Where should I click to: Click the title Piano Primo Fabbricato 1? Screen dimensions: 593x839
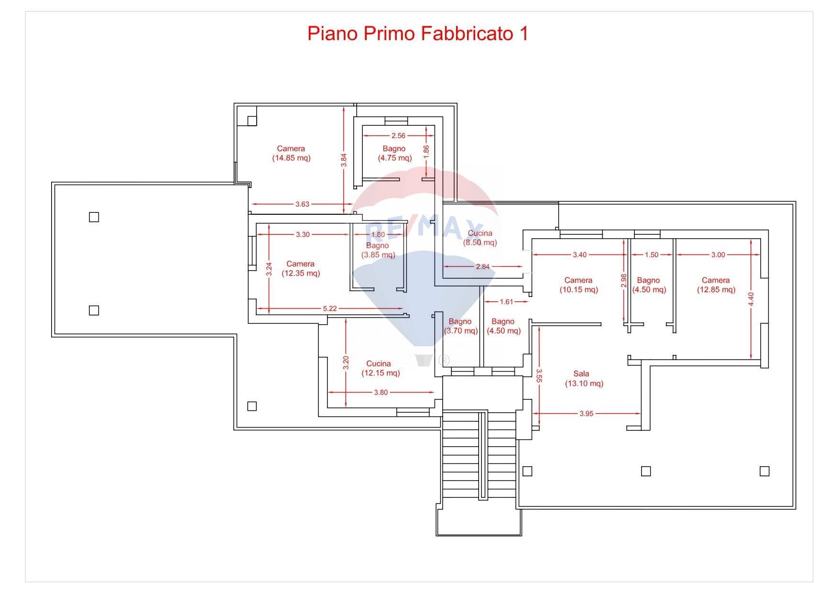[x=417, y=33]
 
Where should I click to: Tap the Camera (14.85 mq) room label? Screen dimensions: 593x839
[x=291, y=153]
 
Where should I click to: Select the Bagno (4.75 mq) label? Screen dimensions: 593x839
[x=394, y=153]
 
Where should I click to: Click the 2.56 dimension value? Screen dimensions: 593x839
[x=398, y=136]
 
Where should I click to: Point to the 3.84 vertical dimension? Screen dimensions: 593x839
[x=344, y=160]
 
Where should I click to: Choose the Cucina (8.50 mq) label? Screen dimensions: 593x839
[x=480, y=238]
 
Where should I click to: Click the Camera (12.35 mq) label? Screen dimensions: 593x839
[x=301, y=268]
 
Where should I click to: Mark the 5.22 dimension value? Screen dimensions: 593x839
[x=330, y=308]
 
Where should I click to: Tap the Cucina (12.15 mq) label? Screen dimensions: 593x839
[x=380, y=368]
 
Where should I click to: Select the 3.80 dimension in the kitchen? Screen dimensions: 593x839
[x=381, y=393]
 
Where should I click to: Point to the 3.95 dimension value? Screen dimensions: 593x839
[x=586, y=414]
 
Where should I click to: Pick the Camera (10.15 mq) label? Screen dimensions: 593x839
[x=578, y=285]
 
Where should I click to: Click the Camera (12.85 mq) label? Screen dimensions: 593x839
[x=716, y=285]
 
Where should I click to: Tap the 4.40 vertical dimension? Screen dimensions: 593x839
[x=751, y=299]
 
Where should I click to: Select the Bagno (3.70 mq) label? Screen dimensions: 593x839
[x=460, y=326]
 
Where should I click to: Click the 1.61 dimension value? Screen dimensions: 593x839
[x=506, y=302]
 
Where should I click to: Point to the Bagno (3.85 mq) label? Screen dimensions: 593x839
[x=378, y=250]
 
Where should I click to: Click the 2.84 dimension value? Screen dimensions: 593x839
[x=482, y=266]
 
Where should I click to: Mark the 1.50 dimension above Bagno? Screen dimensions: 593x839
[x=651, y=255]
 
